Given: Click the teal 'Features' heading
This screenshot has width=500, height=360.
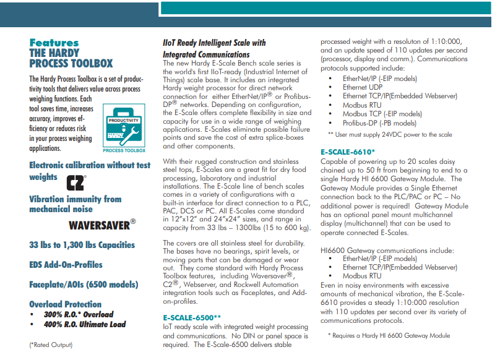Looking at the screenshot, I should (54, 43).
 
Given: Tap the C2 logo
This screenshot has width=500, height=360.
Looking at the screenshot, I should (75, 182).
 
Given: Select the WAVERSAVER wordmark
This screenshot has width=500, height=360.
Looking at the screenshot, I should (101, 224).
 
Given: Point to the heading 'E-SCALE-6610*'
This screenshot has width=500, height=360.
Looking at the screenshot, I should (348, 152).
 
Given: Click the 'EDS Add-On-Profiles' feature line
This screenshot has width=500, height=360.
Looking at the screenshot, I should (66, 264).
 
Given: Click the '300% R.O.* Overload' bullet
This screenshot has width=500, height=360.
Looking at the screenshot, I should (78, 314).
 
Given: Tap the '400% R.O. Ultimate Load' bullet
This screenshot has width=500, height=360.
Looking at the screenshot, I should (84, 324).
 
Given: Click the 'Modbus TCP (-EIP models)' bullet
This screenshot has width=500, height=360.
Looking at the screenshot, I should (382, 114).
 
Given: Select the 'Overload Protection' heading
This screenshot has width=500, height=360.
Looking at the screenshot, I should (65, 304).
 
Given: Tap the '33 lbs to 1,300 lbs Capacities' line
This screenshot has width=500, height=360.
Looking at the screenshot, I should (82, 244).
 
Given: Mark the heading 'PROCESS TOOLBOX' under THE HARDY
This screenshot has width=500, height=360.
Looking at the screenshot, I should (71, 63).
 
